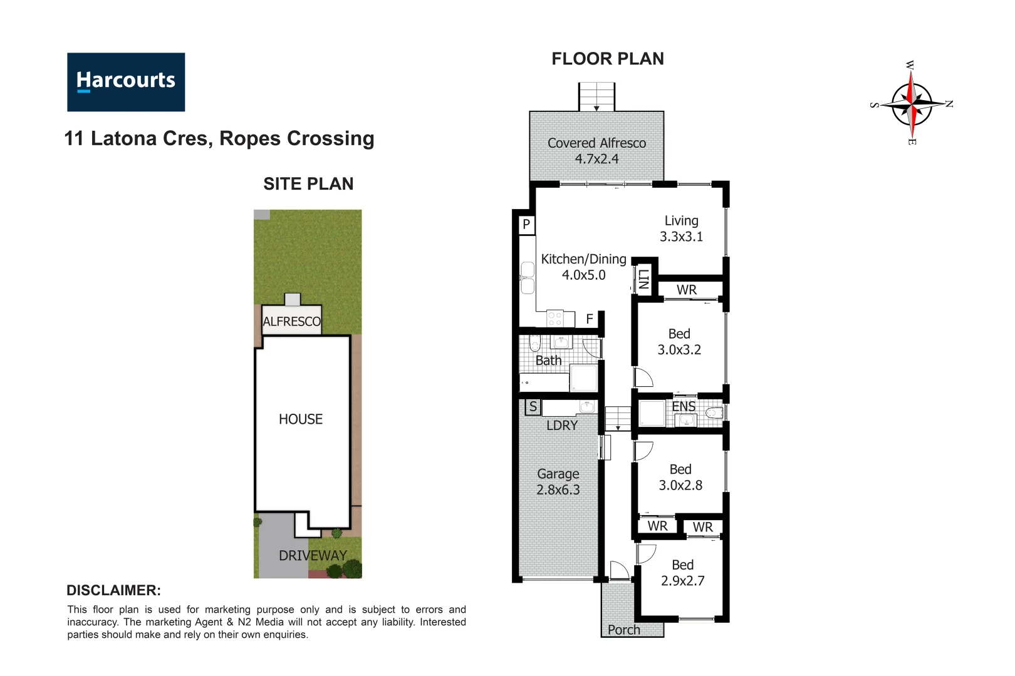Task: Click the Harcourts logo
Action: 126,82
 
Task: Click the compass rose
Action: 912,103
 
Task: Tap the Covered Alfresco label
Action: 596,151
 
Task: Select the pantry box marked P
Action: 526,224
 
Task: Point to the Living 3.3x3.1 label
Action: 681,228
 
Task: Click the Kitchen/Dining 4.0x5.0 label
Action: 583,267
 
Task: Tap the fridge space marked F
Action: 590,319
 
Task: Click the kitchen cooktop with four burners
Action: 555,319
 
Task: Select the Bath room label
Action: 548,361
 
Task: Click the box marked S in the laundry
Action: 533,407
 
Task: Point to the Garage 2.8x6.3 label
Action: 558,482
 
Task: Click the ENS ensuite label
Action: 684,406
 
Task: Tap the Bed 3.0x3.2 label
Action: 679,342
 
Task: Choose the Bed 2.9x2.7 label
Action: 682,573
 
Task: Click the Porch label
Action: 624,630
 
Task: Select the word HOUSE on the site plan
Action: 301,419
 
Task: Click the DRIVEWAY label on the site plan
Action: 313,556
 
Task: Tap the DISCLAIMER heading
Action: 113,590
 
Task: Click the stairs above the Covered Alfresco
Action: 596,96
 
